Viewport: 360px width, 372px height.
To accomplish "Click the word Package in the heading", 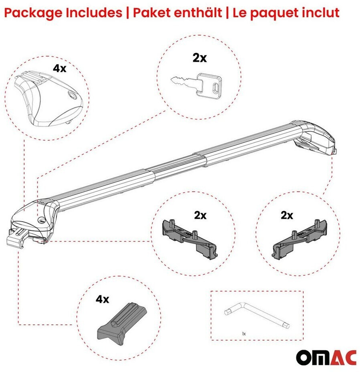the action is click(34, 13).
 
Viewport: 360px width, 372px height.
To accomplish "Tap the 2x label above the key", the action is click(199, 58).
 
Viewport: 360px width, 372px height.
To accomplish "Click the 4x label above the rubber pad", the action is click(103, 299).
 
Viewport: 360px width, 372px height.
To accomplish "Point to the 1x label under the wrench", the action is click(244, 334).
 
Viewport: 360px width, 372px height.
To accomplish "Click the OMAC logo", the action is click(326, 358).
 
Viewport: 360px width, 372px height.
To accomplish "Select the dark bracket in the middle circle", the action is click(189, 239).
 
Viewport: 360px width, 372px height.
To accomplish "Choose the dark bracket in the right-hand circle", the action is click(299, 239).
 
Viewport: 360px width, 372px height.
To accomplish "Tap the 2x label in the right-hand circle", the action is click(287, 215).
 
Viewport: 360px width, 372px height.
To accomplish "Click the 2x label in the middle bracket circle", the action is click(200, 215).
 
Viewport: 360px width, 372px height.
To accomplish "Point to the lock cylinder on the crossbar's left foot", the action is click(41, 220).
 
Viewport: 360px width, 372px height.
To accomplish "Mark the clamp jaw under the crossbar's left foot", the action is click(16, 239).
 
